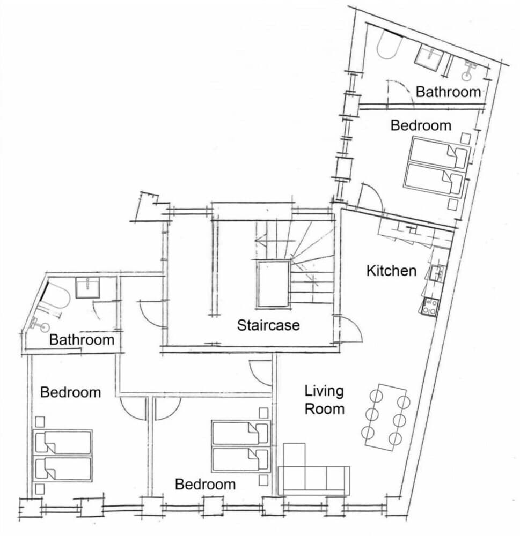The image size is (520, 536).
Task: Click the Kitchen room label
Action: [x=391, y=271]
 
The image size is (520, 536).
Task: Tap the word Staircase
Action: [x=268, y=325]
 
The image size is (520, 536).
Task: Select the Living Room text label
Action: [x=324, y=400]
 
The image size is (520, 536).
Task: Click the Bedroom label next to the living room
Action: [x=206, y=485]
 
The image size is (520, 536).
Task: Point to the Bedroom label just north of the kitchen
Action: [x=421, y=125]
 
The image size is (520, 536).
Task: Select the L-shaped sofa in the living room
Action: [x=311, y=472]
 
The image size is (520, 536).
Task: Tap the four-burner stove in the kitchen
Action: [x=430, y=307]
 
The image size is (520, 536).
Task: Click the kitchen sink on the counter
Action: [x=436, y=273]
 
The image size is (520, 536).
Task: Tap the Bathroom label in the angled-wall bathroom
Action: [x=82, y=340]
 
